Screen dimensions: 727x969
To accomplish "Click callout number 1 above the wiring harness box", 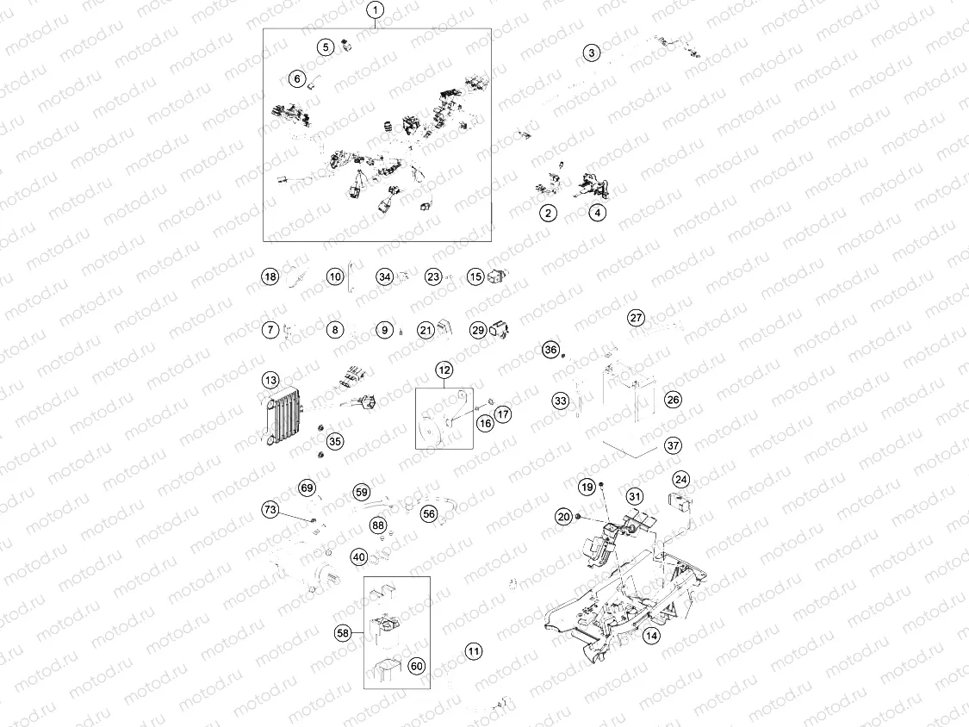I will tap(376, 11).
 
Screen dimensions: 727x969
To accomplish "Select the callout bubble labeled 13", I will tap(271, 380).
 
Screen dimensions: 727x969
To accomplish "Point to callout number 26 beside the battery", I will tap(673, 400).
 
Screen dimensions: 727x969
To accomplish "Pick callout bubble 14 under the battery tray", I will tap(650, 636).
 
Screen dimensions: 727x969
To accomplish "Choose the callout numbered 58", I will tap(344, 633).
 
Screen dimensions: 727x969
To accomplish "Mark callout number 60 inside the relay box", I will tap(416, 666).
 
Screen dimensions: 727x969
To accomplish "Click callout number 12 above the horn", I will tap(444, 370).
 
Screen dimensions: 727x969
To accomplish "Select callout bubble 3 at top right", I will tap(591, 53).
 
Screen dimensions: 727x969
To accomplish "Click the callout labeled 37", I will tap(673, 445).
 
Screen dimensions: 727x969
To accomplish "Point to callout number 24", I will tap(681, 479).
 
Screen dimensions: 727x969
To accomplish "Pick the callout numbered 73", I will tap(271, 511).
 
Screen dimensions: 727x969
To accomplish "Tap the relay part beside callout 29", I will tap(500, 328).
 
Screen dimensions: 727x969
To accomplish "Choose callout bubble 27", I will tap(636, 317).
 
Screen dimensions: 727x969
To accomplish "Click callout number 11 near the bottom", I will tap(474, 651).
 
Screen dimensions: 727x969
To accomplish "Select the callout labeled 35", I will tap(334, 441).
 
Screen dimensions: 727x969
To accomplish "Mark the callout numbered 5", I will tap(325, 47).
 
